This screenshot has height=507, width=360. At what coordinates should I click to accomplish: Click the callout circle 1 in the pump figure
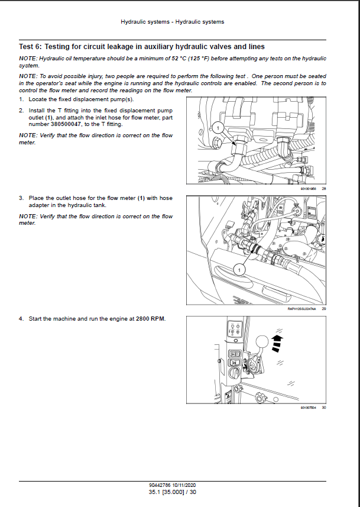(216, 127)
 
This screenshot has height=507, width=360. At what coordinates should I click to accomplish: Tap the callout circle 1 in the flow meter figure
(238, 270)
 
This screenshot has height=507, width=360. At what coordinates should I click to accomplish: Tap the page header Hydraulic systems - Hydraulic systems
(172, 22)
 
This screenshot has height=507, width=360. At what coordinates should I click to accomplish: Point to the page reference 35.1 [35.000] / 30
(173, 492)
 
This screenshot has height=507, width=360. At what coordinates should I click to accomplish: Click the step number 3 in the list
(21, 198)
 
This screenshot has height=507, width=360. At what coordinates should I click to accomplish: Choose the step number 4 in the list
(21, 319)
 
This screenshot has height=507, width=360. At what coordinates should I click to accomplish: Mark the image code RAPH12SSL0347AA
(300, 308)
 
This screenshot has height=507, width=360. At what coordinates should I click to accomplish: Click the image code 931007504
(309, 407)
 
